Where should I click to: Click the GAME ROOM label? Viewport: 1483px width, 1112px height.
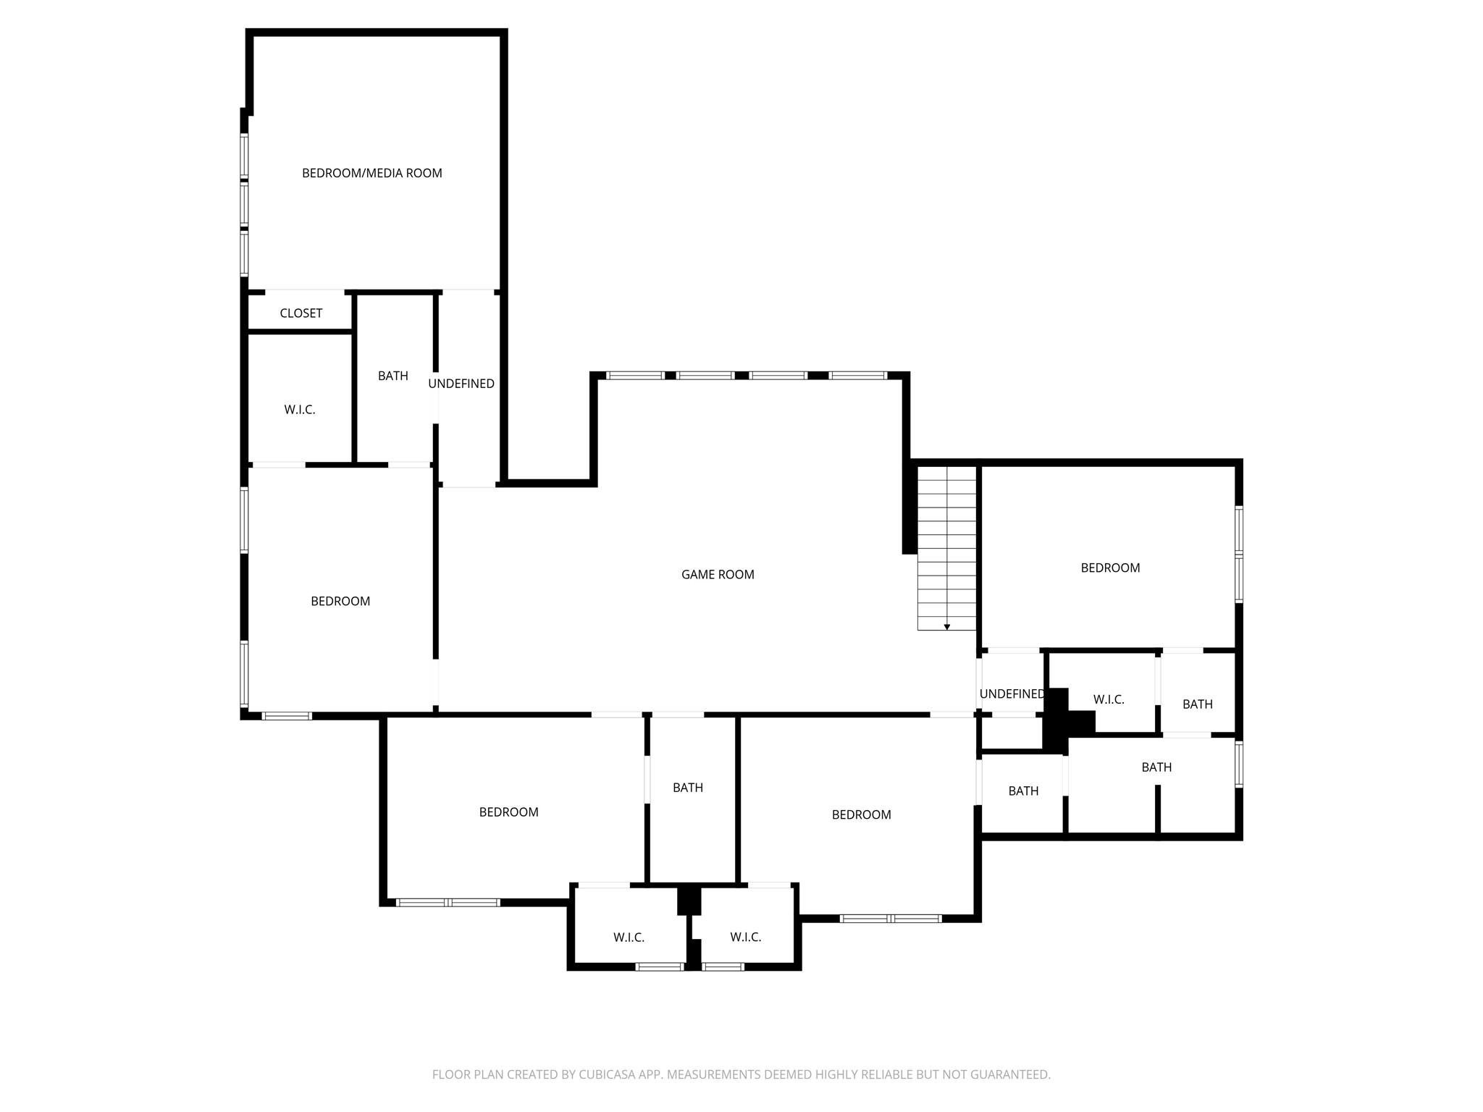[x=718, y=575]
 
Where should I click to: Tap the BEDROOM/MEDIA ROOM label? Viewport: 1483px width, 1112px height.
[x=371, y=173]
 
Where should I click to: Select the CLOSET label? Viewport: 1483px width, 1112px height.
[x=301, y=313]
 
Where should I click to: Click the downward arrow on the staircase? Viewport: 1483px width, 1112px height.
[x=946, y=627]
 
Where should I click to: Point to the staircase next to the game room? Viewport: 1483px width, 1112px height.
[x=946, y=547]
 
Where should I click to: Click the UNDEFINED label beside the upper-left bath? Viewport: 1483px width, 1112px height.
[x=461, y=384]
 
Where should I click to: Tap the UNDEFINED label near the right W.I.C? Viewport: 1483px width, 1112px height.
[x=1012, y=694]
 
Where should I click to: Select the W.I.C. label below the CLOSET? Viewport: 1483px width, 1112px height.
[x=299, y=410]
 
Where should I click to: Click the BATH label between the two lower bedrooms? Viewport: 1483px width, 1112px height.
[x=687, y=788]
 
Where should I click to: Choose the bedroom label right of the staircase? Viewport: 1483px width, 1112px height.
[x=1109, y=568]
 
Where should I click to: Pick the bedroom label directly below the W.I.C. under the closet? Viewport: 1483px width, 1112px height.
[x=340, y=602]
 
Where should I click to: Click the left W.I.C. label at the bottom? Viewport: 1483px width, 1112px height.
[x=629, y=938]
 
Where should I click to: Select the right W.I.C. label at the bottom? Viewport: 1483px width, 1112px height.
[x=745, y=938]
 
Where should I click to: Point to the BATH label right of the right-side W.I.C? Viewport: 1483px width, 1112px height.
[x=1197, y=704]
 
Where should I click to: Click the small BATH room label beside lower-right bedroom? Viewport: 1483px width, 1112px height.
[x=1023, y=791]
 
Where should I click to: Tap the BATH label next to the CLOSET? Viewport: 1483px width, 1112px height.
[x=392, y=376]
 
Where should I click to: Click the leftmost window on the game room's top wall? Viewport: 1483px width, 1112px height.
[x=635, y=375]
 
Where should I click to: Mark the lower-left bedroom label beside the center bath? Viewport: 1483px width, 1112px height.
[x=508, y=812]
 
